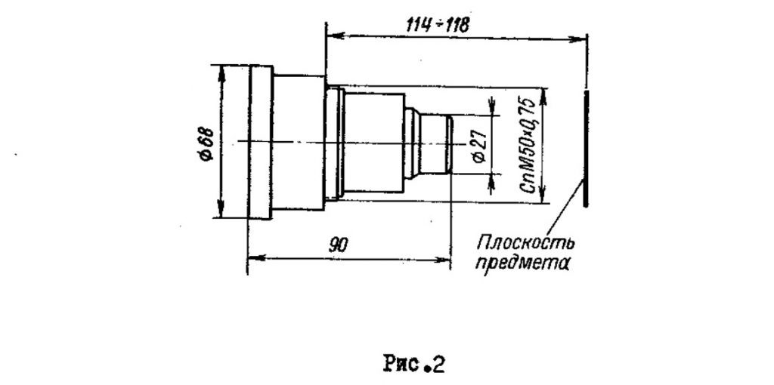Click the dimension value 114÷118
click(x=438, y=25)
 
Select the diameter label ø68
click(x=207, y=143)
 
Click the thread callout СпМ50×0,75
click(x=528, y=146)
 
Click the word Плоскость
click(x=526, y=243)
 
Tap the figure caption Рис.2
click(x=414, y=365)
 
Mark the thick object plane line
click(x=586, y=149)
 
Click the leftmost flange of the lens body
click(x=260, y=142)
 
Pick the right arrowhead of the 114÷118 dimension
click(x=577, y=38)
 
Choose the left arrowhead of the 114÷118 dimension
click(x=336, y=35)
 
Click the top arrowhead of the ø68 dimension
click(x=221, y=74)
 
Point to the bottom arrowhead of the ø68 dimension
click(x=221, y=208)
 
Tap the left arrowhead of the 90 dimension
click(x=257, y=258)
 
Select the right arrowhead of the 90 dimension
click(x=441, y=259)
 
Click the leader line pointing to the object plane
click(x=569, y=205)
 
